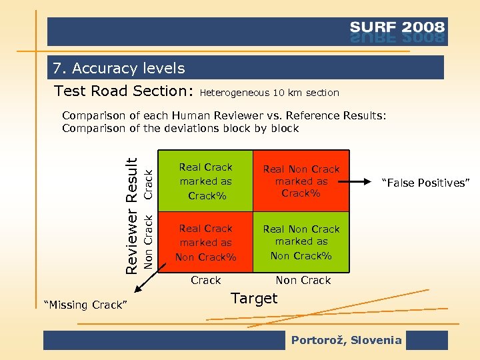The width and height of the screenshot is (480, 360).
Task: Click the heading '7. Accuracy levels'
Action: point(119,68)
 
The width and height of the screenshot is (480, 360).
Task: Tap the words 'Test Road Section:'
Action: point(123,91)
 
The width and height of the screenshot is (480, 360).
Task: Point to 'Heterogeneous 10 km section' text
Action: point(269,93)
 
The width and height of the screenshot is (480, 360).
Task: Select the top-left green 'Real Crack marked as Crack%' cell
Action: point(206,181)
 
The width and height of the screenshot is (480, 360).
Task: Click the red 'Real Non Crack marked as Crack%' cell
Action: point(301,181)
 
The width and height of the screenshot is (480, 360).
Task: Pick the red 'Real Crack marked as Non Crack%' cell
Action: point(206,242)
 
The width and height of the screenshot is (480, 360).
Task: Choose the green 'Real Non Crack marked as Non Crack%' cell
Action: point(301,242)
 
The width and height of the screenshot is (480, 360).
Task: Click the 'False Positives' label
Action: point(425,183)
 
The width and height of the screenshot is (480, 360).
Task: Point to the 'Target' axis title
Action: point(254,299)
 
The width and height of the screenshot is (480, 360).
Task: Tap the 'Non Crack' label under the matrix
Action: point(303,280)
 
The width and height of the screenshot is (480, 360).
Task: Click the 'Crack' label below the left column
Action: point(206,280)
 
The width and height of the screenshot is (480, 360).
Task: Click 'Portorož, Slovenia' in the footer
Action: point(346,340)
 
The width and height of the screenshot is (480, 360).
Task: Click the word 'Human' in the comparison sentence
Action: point(190,115)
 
